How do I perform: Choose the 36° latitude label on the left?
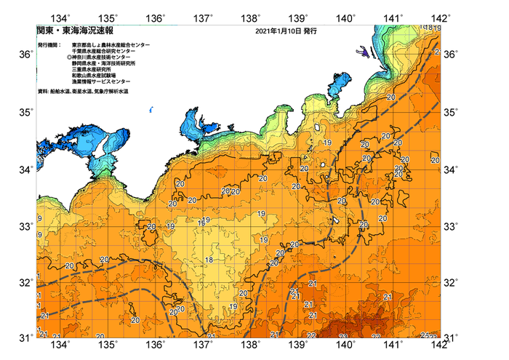click(25, 55)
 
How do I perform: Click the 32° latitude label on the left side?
click(25, 282)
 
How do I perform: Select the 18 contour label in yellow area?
click(209, 260)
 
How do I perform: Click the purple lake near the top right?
click(361, 51)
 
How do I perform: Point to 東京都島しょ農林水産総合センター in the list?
click(110, 45)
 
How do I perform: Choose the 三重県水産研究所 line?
click(95, 70)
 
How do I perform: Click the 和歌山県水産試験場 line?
click(97, 76)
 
